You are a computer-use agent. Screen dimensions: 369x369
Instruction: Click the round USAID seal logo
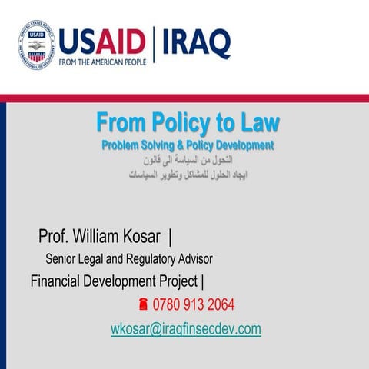point(36,44)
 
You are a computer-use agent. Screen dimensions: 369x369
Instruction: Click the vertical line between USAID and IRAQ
point(154,44)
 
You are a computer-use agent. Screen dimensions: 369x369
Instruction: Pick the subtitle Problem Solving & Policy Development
point(188,145)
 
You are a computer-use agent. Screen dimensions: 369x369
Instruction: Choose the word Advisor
point(194,259)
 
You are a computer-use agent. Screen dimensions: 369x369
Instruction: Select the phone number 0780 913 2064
point(194,305)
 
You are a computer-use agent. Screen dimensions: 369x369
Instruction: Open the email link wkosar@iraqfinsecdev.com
point(185,329)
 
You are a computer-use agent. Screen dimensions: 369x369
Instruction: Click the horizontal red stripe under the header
point(184,98)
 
